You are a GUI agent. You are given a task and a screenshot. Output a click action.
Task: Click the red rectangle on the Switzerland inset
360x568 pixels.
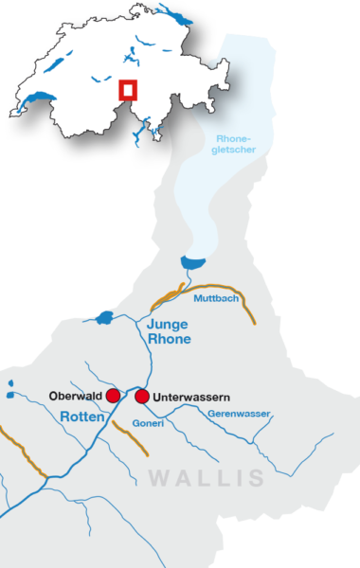coord(128,89)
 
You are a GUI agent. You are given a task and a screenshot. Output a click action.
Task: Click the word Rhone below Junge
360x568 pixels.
coord(170,339)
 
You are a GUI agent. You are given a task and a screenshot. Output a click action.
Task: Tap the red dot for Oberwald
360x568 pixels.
coord(113,395)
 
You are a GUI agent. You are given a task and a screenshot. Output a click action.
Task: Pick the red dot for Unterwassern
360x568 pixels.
coord(142,396)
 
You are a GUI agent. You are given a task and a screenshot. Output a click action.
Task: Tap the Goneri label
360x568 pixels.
coord(149,423)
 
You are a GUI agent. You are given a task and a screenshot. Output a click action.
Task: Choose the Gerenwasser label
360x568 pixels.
coord(240,414)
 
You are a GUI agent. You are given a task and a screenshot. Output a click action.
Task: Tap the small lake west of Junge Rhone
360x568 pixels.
coord(105,317)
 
